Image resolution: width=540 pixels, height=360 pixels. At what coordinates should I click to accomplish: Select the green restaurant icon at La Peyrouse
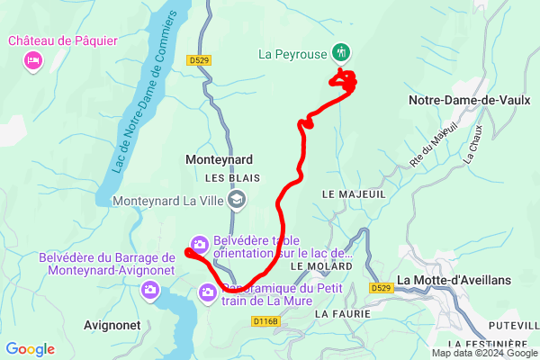[341, 51]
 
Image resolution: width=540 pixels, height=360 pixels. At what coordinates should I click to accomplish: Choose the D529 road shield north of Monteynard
[200, 59]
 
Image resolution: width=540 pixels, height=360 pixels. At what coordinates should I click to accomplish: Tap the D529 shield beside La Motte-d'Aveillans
[380, 288]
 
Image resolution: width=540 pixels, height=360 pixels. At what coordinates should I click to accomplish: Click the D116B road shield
[266, 320]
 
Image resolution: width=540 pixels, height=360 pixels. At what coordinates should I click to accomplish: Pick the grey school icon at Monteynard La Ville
[237, 200]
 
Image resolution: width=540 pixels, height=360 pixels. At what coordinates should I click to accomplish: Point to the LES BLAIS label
[225, 178]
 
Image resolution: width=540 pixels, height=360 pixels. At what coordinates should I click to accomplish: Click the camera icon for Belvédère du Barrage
[150, 290]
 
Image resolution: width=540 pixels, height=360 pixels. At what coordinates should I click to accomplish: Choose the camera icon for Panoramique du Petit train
[208, 292]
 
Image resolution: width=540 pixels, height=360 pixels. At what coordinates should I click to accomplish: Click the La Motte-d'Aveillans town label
[454, 280]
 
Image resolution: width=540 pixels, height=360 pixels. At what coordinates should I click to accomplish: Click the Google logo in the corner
[31, 349]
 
